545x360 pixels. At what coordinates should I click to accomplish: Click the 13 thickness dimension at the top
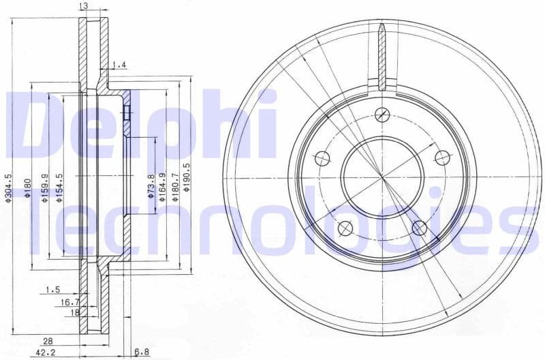tap(83, 6)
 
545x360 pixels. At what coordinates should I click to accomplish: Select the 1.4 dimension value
tap(119, 65)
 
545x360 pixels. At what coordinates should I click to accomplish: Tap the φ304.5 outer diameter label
tap(8, 187)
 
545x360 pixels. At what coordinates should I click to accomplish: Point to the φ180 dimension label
tap(27, 187)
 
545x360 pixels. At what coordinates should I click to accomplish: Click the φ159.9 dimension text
tap(44, 187)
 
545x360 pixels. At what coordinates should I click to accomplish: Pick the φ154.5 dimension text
tap(59, 187)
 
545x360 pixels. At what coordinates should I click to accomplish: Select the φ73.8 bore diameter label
tap(151, 186)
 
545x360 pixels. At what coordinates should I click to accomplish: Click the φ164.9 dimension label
tap(163, 186)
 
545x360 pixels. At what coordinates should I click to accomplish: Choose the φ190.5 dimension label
tap(187, 186)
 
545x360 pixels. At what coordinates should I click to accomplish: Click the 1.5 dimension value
tap(52, 290)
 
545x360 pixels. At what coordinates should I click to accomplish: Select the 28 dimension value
tap(48, 340)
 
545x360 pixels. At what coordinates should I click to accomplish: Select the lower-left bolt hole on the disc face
tap(345, 227)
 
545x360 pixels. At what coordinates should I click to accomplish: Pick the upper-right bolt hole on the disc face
tap(443, 159)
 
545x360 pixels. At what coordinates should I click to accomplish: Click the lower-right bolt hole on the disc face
tap(420, 228)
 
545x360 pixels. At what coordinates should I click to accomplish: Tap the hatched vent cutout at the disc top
tap(382, 58)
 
